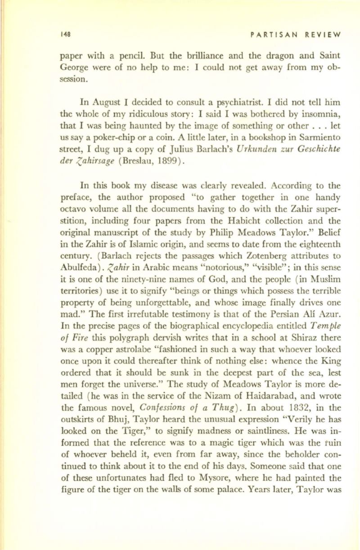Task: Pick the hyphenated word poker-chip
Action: (x=103, y=143)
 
